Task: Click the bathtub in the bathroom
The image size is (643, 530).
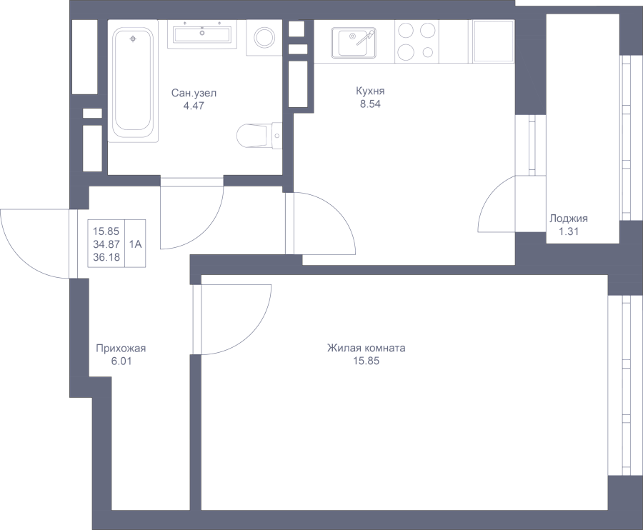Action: coord(134,85)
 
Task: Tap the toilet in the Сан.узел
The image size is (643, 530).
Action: coord(259,136)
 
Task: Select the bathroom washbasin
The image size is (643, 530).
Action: coord(202,34)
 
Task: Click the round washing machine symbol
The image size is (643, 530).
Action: coord(264,38)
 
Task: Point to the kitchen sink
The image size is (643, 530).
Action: coord(354,43)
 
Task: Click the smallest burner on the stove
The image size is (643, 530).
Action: coord(428,52)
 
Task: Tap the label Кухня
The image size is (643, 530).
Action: coord(370,91)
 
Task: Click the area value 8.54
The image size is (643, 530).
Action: coord(370,104)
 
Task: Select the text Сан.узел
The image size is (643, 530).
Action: coord(194,94)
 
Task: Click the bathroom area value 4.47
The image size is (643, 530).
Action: coord(194,106)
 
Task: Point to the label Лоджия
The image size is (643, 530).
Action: coord(569,219)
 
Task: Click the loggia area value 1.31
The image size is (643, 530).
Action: coord(569,231)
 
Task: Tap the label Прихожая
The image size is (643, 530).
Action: coord(121,349)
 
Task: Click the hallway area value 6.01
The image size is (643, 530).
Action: coord(121,361)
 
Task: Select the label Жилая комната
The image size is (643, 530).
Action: coord(367,348)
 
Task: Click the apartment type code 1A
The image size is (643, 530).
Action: coord(135,244)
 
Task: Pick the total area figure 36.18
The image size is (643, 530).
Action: coord(106,257)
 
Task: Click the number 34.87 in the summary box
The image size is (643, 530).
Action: coord(106,244)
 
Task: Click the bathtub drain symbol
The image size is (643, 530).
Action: coord(132,39)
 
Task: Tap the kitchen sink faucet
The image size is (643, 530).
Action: coord(364,38)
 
